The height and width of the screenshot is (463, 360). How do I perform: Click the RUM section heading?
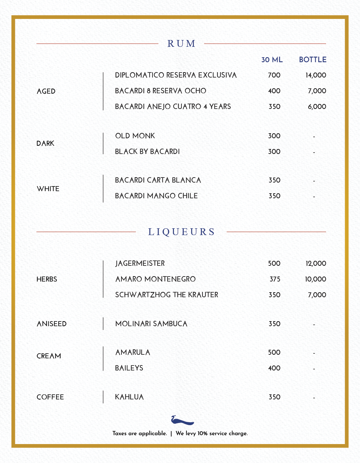tap(181, 44)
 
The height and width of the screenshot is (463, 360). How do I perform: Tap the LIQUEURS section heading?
tap(181, 232)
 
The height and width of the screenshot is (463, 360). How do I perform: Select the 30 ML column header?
tap(272, 60)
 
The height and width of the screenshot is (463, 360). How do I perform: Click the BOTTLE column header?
tap(312, 60)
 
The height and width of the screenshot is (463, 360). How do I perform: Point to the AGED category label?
tap(46, 91)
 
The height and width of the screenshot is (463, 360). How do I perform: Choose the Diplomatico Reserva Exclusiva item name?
tap(176, 75)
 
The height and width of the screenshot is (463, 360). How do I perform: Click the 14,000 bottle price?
tap(316, 75)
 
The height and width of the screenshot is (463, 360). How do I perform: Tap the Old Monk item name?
tap(135, 136)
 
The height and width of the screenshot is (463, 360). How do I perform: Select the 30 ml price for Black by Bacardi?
tap(274, 151)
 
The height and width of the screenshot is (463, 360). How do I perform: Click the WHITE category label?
tap(48, 189)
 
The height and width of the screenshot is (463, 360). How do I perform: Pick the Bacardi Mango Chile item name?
tap(156, 196)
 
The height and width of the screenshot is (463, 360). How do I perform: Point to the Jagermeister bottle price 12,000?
tap(316, 263)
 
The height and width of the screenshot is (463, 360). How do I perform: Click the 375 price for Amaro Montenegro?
tap(275, 279)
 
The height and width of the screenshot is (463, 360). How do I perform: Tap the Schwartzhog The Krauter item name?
tap(166, 295)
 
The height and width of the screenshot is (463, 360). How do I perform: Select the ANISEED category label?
tap(51, 324)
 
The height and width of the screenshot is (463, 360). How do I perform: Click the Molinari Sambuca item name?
tap(151, 324)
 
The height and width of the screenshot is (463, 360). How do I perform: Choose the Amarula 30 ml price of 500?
tap(274, 352)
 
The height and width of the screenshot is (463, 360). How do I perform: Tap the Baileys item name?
tap(129, 368)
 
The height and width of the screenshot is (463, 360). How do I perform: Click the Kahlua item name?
tap(129, 397)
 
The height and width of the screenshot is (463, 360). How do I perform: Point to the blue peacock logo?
tap(182, 420)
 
